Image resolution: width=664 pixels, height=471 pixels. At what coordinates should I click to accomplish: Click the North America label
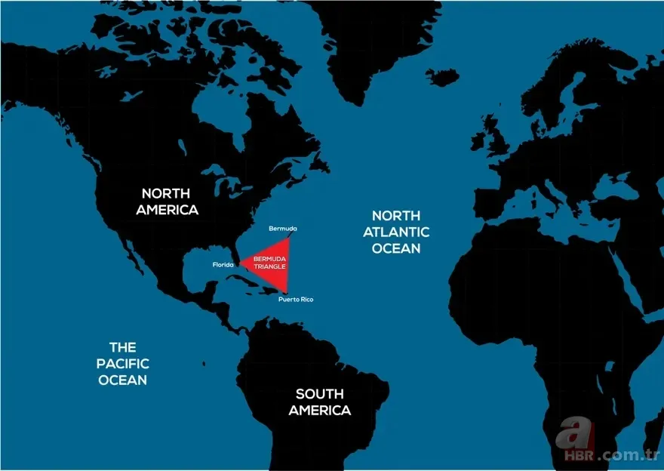tap(167, 201)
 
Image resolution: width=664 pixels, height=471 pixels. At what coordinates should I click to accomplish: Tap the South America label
tap(319, 402)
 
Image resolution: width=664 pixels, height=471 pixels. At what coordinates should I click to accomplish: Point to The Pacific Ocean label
tap(122, 363)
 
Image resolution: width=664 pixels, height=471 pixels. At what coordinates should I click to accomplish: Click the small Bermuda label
tap(283, 228)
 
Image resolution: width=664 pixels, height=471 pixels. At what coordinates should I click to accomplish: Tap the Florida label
tap(223, 265)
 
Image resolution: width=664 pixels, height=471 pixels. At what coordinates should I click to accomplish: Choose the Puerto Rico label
tap(295, 300)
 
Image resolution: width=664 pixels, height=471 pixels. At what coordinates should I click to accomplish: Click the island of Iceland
tap(442, 77)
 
